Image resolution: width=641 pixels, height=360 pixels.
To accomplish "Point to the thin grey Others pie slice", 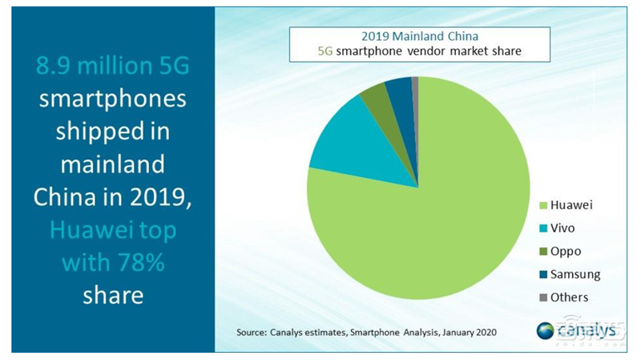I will click(x=415, y=88).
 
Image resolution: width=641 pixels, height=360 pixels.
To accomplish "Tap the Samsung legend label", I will click(x=575, y=274).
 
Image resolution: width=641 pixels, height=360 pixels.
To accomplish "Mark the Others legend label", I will click(x=570, y=297).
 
